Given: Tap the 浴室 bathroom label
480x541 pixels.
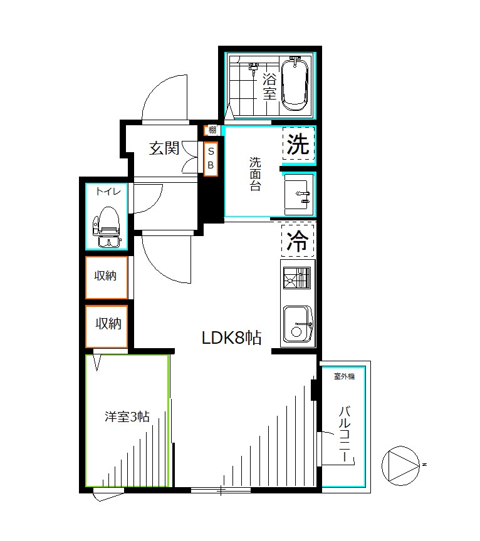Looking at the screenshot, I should [269, 87].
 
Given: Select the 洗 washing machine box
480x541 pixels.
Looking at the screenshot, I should [298, 145].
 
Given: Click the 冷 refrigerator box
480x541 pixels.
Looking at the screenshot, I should [298, 240].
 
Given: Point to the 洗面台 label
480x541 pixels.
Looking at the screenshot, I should [255, 174].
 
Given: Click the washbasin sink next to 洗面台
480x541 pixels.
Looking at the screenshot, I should [298, 194].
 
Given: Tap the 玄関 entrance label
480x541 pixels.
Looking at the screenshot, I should [164, 148].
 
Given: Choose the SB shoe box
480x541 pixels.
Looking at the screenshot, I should [211, 159].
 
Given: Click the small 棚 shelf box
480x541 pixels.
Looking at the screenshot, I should [212, 130].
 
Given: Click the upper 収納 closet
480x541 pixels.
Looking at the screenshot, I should [107, 276].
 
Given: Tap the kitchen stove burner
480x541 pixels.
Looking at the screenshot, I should [297, 277].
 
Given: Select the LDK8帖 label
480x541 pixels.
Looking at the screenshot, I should [231, 338].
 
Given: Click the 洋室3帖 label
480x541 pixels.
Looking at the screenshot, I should [127, 416].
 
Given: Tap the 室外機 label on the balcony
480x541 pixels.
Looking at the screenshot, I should [344, 376].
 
